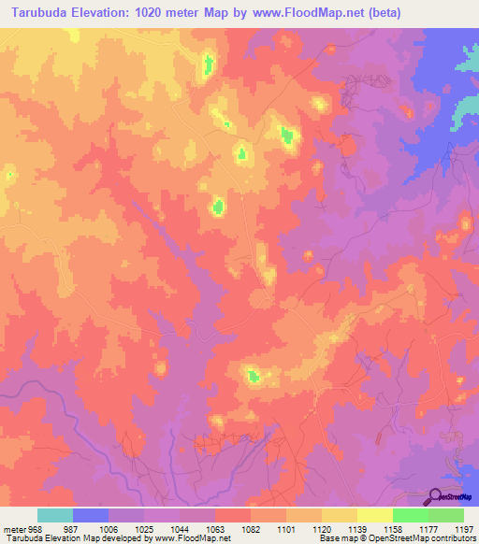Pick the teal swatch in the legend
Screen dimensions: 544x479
[55, 515]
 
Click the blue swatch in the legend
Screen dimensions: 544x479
[91, 515]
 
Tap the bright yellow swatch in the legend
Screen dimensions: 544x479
[374, 515]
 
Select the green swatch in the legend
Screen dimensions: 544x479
[410, 515]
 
